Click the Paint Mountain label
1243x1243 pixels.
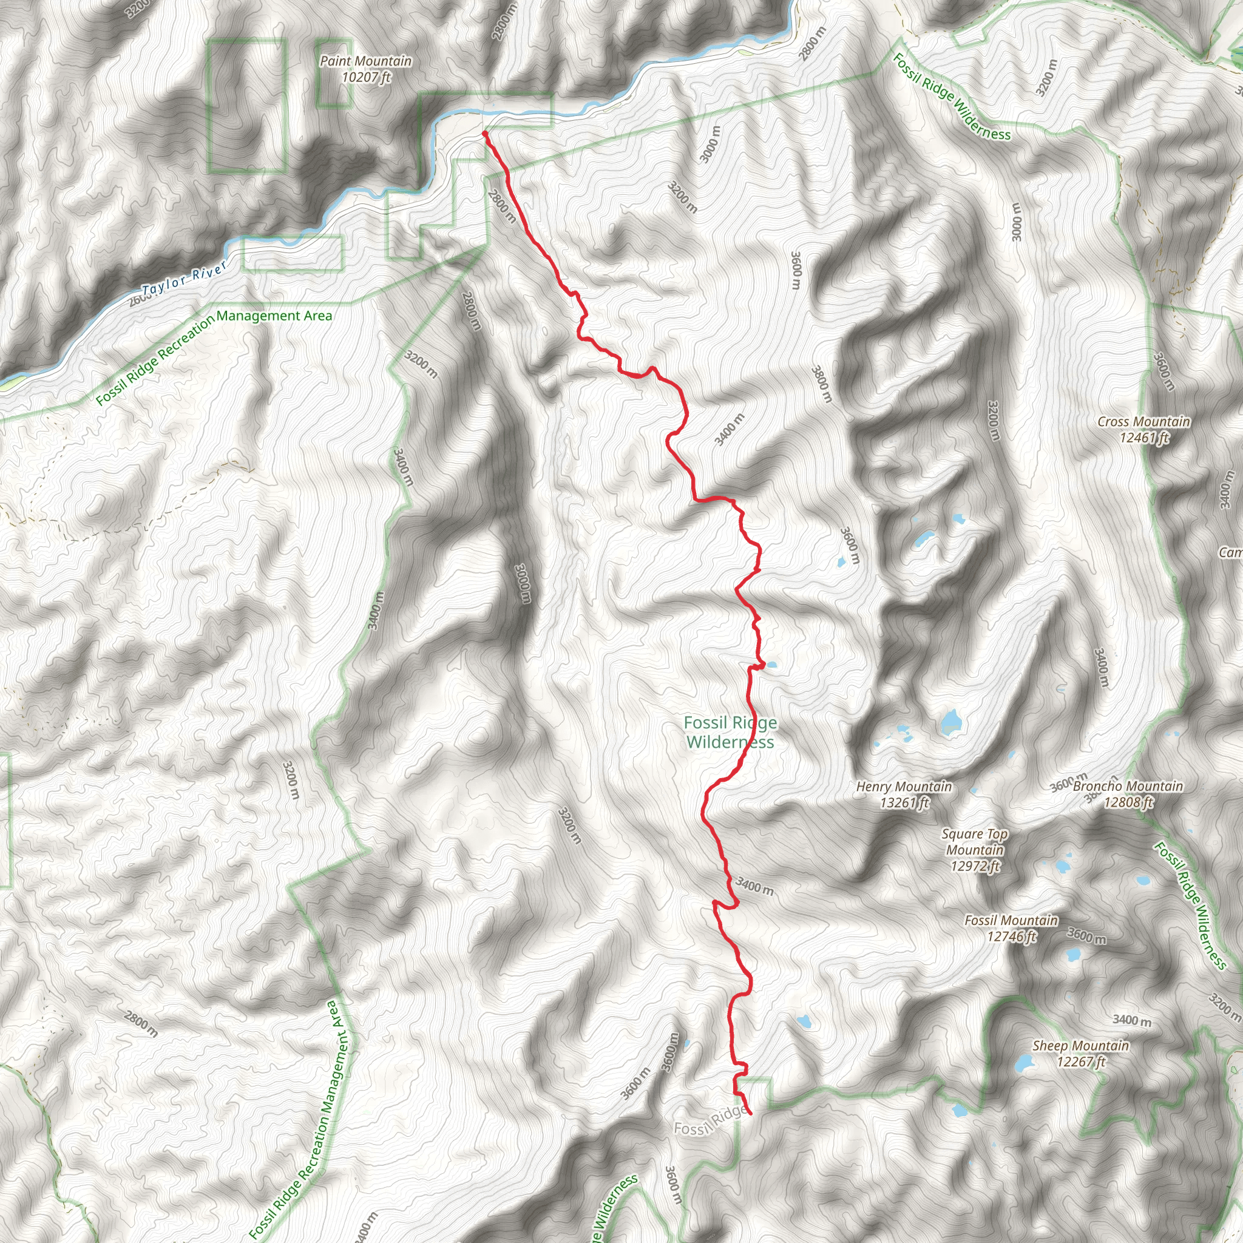(x=365, y=61)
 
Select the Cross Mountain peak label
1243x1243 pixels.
(x=1144, y=422)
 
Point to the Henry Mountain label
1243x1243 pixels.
(x=904, y=786)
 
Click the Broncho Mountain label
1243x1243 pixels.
(x=1128, y=786)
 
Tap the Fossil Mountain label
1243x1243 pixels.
(x=1011, y=921)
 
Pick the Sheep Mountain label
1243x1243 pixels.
(x=1080, y=1046)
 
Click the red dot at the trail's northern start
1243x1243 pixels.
(x=484, y=133)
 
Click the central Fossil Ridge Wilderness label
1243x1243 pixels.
(x=730, y=733)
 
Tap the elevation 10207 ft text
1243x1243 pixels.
(x=366, y=78)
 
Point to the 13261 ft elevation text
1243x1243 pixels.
(x=904, y=802)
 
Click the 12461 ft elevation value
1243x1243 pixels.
(x=1144, y=438)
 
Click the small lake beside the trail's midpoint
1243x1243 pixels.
(x=771, y=665)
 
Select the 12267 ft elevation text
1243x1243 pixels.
(x=1081, y=1062)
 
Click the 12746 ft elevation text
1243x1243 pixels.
(x=1011, y=936)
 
